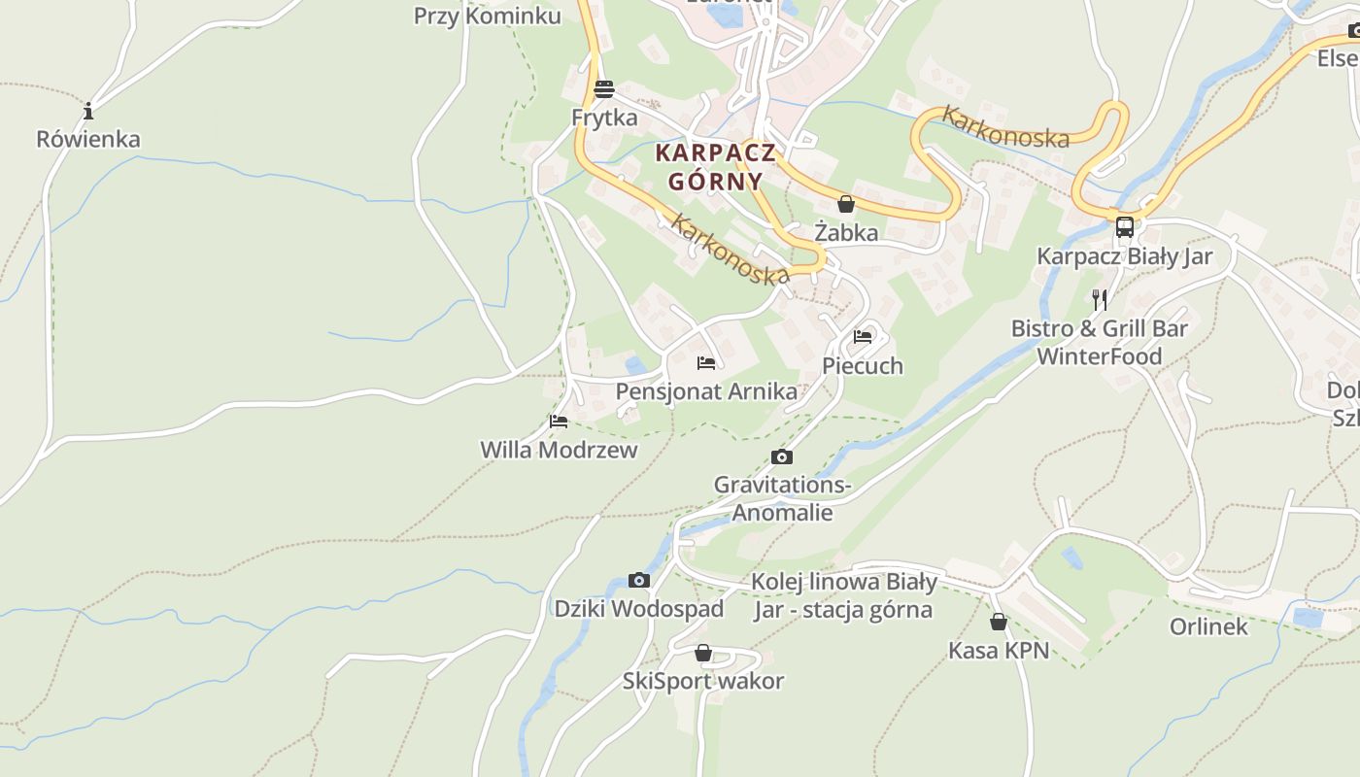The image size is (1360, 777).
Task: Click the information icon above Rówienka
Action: pos(88,111)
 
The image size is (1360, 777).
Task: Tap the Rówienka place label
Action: pos(88,139)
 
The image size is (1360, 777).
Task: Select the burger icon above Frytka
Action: pos(604,89)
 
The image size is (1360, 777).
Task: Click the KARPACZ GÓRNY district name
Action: pos(715,167)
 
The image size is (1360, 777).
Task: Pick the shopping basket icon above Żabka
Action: pos(846,204)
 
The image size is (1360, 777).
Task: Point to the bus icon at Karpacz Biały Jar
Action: pos(1125,227)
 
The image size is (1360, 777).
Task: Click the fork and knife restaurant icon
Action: pos(1100,299)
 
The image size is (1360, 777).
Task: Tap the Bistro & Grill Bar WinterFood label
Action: pos(1100,342)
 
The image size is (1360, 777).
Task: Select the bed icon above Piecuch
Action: pos(863,337)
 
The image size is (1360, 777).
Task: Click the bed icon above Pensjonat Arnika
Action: pos(706,363)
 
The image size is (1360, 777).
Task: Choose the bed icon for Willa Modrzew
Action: pos(559,422)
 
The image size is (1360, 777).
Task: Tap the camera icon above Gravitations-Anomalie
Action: pos(782,456)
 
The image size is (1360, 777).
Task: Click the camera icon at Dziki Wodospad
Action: pos(639,580)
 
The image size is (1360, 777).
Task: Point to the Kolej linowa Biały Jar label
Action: pos(843,595)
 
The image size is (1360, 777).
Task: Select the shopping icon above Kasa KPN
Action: pos(999,622)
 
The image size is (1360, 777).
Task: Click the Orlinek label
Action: pos(1208,626)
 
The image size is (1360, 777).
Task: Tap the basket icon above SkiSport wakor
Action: pos(703,653)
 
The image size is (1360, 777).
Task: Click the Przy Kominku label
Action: pos(488,16)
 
